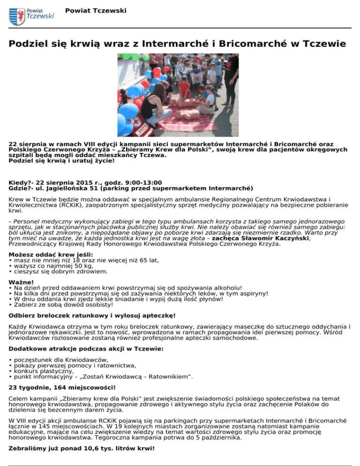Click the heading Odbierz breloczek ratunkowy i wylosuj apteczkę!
(92, 316)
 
